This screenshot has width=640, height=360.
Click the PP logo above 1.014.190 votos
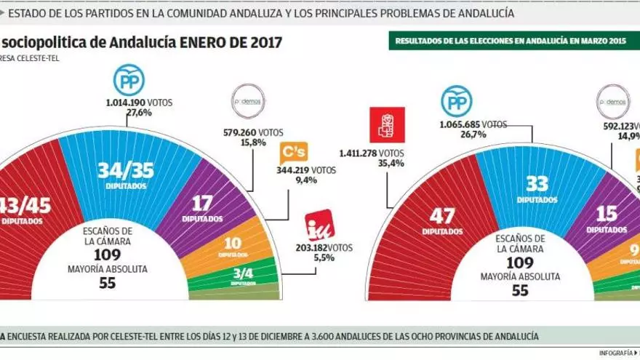(129, 81)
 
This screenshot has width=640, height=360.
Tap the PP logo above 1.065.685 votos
(457, 101)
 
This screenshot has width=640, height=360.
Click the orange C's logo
(293, 154)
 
